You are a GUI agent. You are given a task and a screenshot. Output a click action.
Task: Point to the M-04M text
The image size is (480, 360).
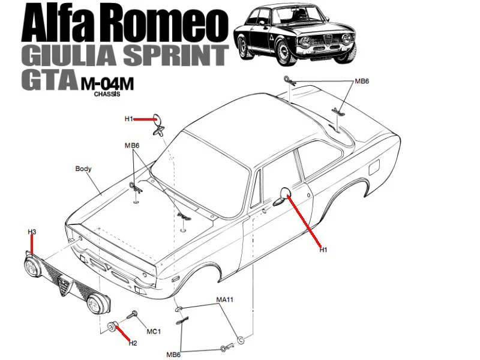(107, 83)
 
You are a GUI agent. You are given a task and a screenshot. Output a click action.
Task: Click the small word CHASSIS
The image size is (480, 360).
(107, 94)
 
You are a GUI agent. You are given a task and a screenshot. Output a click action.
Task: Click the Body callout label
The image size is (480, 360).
(83, 169)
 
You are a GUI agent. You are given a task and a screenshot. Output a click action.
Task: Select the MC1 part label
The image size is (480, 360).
(154, 331)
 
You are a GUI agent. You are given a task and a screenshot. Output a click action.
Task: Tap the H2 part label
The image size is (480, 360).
(133, 343)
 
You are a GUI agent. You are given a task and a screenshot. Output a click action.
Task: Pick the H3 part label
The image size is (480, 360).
(32, 232)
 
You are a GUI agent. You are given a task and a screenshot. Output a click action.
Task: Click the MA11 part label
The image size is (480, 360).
(224, 299)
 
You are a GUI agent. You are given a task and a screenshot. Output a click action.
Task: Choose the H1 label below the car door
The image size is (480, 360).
(323, 250)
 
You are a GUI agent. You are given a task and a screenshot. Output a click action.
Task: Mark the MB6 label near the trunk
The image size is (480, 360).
(362, 81)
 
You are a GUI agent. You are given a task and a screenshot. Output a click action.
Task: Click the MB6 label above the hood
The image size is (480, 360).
(132, 145)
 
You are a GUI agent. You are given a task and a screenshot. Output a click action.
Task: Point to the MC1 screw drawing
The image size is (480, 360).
(133, 314)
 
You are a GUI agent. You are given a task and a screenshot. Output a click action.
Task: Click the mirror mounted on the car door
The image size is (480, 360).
(282, 197)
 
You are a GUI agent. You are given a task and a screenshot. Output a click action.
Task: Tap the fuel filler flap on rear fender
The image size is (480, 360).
(374, 167)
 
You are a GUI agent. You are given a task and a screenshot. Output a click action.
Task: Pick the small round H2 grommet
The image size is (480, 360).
(111, 326)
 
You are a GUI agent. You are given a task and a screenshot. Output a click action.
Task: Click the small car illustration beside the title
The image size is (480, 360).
(295, 35)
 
